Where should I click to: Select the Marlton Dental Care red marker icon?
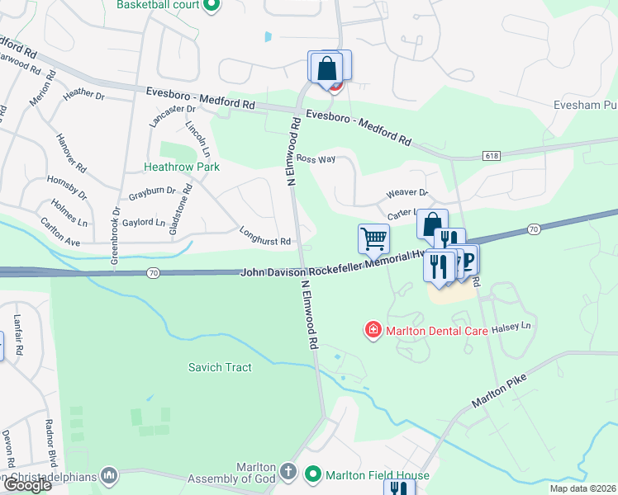373,331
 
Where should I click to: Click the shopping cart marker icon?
373,239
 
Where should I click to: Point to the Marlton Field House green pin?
312,474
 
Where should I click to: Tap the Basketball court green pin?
211,5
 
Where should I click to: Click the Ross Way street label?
316,158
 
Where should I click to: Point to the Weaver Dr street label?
406,193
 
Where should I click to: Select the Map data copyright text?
582,488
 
